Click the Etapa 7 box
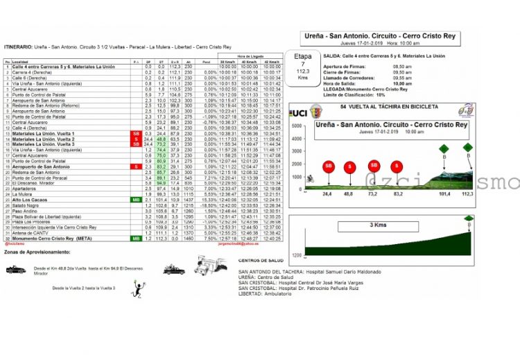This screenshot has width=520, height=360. click(x=302, y=65)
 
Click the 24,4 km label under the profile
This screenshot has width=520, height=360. click(x=327, y=194)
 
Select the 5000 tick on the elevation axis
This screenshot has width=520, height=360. click(x=296, y=126)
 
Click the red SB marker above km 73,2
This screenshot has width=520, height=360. click(x=374, y=166)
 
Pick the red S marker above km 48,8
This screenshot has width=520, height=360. click(x=351, y=166)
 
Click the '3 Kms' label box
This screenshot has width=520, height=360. click(x=377, y=225)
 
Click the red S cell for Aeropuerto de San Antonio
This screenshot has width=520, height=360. click(x=136, y=166)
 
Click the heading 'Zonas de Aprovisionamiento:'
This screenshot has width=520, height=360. click(x=37, y=252)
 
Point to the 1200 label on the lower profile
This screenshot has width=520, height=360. click(x=297, y=254)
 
